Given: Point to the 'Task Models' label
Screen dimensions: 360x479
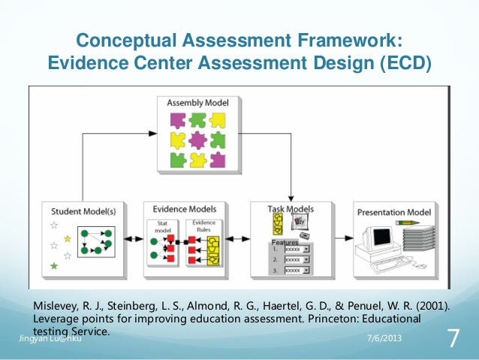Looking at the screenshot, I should tap(291, 208).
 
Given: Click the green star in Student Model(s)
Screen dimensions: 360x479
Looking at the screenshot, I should tap(53, 266).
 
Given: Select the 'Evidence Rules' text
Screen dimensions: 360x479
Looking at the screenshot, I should tap(203, 225).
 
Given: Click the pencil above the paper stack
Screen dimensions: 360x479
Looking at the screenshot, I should tap(417, 222).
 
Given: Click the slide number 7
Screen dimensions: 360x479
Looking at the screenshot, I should tap(453, 339).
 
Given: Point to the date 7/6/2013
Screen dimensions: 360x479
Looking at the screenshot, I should tap(384, 339).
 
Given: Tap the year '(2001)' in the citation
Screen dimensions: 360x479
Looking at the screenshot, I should tap(430, 306).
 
